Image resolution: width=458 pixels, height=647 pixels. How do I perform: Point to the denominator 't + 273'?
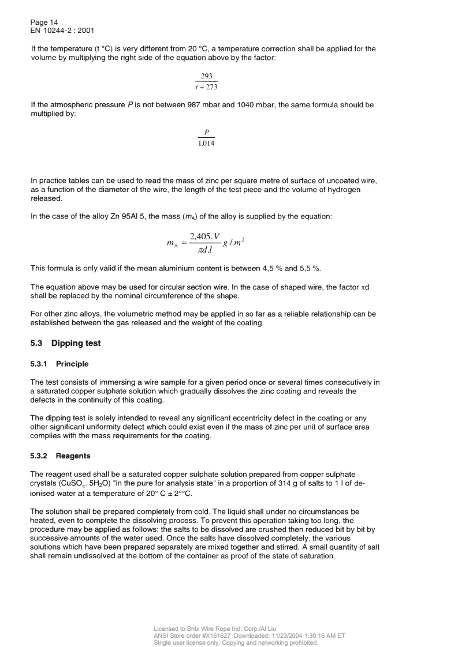click(x=206, y=88)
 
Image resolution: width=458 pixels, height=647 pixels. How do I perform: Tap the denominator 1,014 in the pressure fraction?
click(x=206, y=143)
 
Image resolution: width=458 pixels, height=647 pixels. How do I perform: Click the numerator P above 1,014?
click(x=206, y=132)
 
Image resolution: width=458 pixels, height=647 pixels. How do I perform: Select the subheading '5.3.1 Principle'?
click(x=59, y=364)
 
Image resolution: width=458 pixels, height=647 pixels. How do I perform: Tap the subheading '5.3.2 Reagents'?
click(x=61, y=456)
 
